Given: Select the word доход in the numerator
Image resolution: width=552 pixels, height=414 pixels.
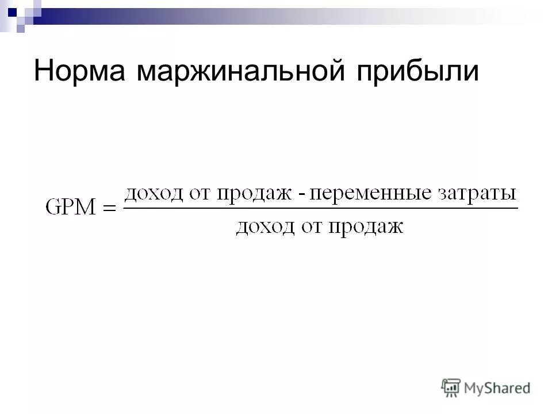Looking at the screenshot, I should (x=151, y=193).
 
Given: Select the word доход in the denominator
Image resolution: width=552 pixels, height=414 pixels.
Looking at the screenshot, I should (x=262, y=227).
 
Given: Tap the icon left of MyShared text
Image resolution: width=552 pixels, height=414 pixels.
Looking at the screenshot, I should (x=451, y=388).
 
